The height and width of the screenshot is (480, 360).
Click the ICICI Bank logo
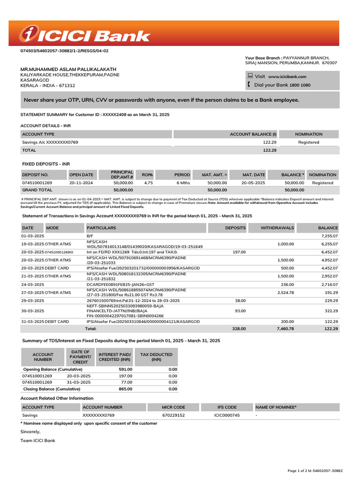pyautogui.click(x=85, y=35)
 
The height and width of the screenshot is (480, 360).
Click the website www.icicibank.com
pyautogui.click(x=287, y=76)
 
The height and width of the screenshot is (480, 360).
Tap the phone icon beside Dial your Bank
pyautogui.click(x=248, y=85)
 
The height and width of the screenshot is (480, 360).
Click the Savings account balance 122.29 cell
pyautogui.click(x=270, y=142)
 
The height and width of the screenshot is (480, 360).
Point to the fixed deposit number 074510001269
pyautogui.click(x=37, y=183)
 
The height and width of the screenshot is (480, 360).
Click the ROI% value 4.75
pyautogui.click(x=148, y=183)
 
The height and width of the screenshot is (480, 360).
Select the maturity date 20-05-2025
pyautogui.click(x=253, y=183)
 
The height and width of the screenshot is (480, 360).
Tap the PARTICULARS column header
pyautogui.click(x=101, y=228)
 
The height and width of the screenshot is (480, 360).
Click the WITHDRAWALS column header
pyautogui.click(x=277, y=228)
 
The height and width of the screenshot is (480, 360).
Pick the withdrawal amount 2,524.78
pyautogui.click(x=284, y=292)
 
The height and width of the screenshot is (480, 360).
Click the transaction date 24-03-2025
pyautogui.click(x=33, y=285)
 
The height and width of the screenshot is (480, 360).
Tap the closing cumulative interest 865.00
pyautogui.click(x=125, y=389)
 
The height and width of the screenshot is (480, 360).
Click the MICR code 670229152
pyautogui.click(x=173, y=415)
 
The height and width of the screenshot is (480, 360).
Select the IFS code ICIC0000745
pyautogui.click(x=227, y=415)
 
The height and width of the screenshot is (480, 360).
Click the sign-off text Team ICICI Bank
pyautogui.click(x=38, y=441)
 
